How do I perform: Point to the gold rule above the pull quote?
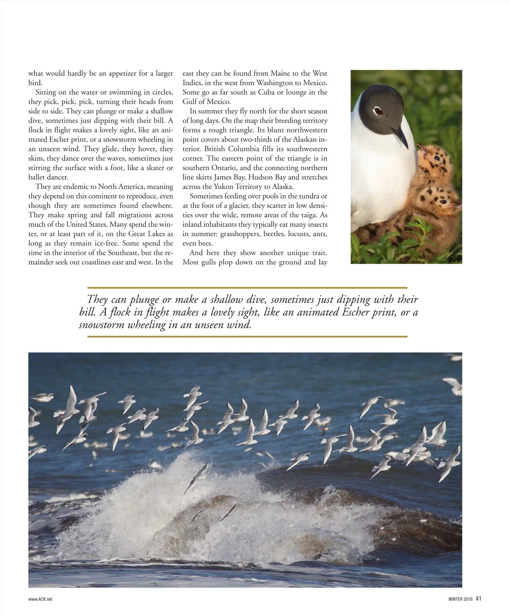coord(247,288)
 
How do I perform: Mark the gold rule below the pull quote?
coord(247,336)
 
